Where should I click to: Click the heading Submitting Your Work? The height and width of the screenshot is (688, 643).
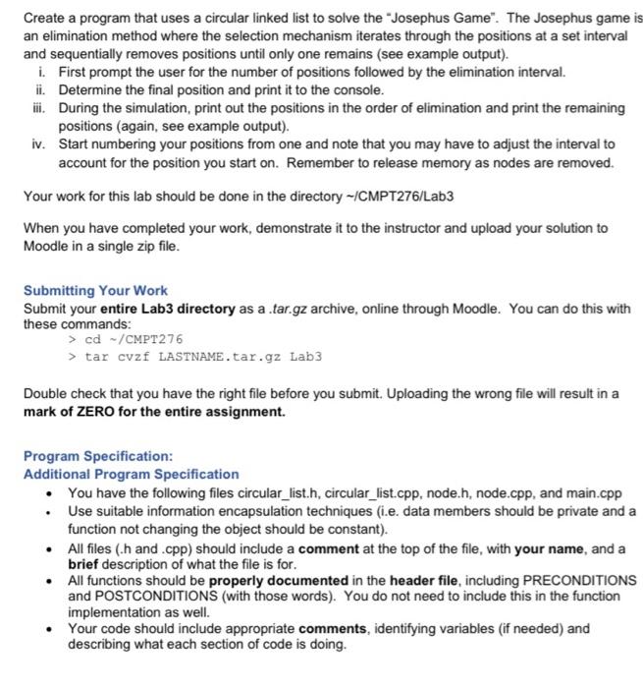95,291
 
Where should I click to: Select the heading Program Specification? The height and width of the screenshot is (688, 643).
98,457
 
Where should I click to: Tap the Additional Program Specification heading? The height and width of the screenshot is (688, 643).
131,474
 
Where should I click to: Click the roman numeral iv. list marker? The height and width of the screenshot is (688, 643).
35,143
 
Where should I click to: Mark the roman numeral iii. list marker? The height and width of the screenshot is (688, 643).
35,108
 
